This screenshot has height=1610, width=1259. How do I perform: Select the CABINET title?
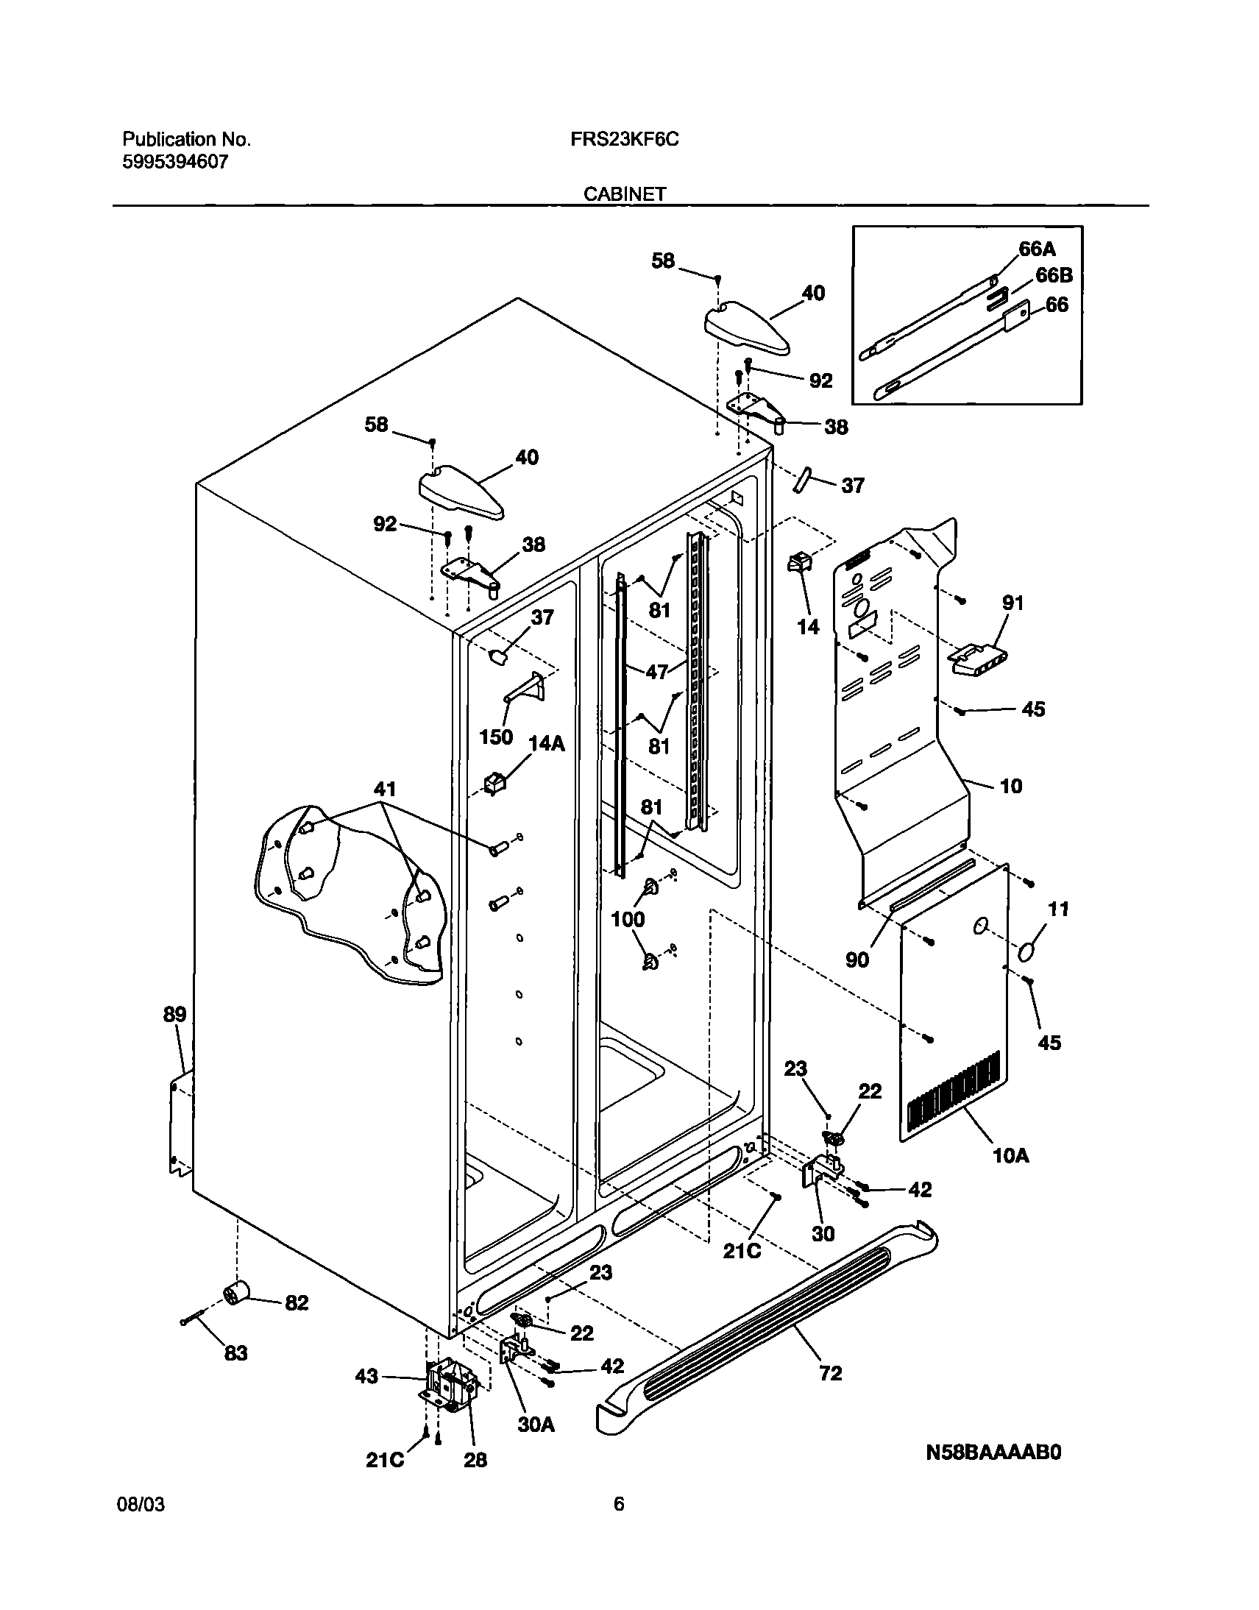[625, 194]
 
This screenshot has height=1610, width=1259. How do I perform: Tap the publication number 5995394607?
[175, 162]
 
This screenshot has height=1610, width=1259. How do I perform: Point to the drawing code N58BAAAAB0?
[993, 1474]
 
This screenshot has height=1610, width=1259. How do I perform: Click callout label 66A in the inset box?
[1037, 249]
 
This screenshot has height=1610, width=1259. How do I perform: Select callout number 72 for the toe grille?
[831, 1373]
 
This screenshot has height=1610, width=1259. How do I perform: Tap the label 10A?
[1011, 1155]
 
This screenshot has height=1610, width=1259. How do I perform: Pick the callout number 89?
[174, 1015]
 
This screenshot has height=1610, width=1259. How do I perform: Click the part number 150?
[496, 737]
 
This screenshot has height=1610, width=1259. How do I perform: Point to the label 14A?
[547, 743]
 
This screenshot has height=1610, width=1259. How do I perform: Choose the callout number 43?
[366, 1376]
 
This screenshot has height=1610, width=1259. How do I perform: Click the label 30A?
[536, 1426]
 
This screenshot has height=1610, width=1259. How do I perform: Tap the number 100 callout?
[628, 919]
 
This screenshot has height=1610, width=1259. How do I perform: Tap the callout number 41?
[385, 790]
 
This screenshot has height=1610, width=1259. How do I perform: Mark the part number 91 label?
[1013, 603]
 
